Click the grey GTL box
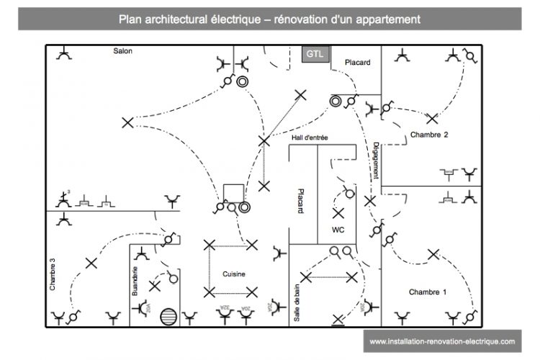click(315, 55)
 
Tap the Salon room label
click(122, 51)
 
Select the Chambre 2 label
click(429, 135)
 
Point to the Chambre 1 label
click(428, 292)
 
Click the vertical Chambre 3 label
click(53, 274)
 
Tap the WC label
click(338, 230)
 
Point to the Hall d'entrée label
click(311, 138)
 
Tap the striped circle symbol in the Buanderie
click(168, 316)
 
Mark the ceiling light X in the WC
click(338, 214)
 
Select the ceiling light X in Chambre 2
click(432, 119)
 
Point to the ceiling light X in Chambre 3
click(91, 263)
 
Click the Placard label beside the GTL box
click(357, 63)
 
